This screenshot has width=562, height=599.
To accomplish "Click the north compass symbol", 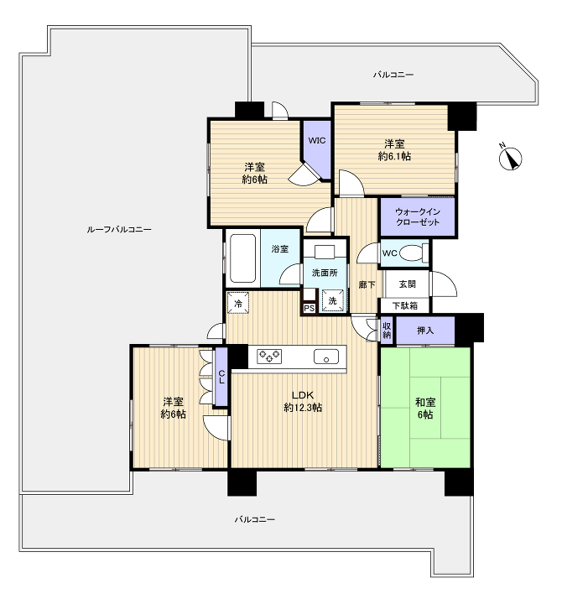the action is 510,158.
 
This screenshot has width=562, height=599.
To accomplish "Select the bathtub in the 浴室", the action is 242,258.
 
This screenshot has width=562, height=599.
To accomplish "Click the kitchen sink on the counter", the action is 326,357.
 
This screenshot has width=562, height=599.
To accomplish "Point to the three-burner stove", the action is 269,356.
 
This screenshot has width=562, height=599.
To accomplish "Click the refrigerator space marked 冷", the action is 238,304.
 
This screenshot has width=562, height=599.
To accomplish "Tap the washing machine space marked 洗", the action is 333,300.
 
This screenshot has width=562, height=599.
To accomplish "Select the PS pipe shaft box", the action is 309,308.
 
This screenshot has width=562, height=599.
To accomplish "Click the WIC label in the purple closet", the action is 317,140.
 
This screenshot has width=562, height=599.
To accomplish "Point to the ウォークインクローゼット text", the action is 418,216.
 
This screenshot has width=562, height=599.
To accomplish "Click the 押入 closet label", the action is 425,331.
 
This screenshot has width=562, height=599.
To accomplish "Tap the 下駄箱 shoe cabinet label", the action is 405,305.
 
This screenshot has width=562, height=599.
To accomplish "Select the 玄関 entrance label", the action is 408,284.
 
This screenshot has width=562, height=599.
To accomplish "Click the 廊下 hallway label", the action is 367,284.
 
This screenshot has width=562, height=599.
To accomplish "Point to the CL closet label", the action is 221,378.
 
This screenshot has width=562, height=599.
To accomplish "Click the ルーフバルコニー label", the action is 119,229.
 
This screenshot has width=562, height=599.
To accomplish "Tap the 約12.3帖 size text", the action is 303,408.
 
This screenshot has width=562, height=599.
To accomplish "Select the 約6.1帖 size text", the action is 395,156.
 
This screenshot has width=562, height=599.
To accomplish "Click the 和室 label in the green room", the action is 425,402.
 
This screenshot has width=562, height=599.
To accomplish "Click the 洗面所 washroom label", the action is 325,273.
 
